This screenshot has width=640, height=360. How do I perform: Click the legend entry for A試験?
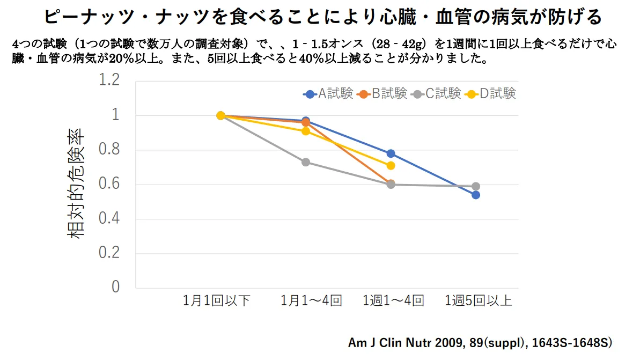click(x=328, y=94)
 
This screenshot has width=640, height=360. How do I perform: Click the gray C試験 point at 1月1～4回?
click(x=306, y=162)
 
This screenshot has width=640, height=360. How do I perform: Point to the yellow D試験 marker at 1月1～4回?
click(x=306, y=131)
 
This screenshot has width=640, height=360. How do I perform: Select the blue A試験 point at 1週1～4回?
click(x=391, y=153)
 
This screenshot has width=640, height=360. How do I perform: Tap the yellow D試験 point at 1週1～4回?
click(x=391, y=165)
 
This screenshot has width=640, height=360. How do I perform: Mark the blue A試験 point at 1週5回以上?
click(x=475, y=195)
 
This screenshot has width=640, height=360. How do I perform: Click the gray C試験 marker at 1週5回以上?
click(x=475, y=186)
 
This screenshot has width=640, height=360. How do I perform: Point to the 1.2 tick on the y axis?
click(x=109, y=81)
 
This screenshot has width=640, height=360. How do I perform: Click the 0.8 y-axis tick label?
click(x=109, y=150)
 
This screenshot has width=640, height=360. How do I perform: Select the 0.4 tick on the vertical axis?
click(x=109, y=219)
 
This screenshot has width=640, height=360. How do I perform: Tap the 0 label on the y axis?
click(x=116, y=288)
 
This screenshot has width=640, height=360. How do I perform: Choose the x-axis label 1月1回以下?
click(x=217, y=301)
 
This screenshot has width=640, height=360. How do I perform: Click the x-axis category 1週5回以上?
click(x=479, y=301)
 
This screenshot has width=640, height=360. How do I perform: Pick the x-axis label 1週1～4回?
click(x=394, y=301)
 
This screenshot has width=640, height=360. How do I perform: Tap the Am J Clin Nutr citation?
click(x=480, y=342)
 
